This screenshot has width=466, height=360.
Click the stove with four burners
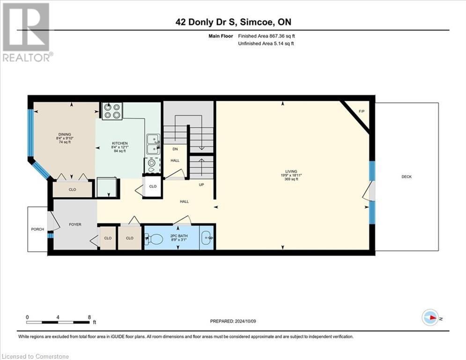(x=112, y=111)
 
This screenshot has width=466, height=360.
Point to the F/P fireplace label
(x=361, y=112)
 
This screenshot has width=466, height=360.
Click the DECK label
(x=407, y=177)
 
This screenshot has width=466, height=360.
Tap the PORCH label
(x=37, y=229)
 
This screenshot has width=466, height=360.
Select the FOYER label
(x=75, y=225)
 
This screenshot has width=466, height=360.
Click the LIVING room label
(x=294, y=172)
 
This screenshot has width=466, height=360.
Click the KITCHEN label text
(x=119, y=143)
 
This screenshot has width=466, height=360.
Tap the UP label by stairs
(x=201, y=185)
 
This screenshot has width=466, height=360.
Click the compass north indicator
(x=430, y=317)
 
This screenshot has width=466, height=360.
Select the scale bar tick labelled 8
(x=89, y=317)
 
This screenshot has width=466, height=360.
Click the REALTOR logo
(x=27, y=32)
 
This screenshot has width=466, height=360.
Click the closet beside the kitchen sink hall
(x=153, y=186)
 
